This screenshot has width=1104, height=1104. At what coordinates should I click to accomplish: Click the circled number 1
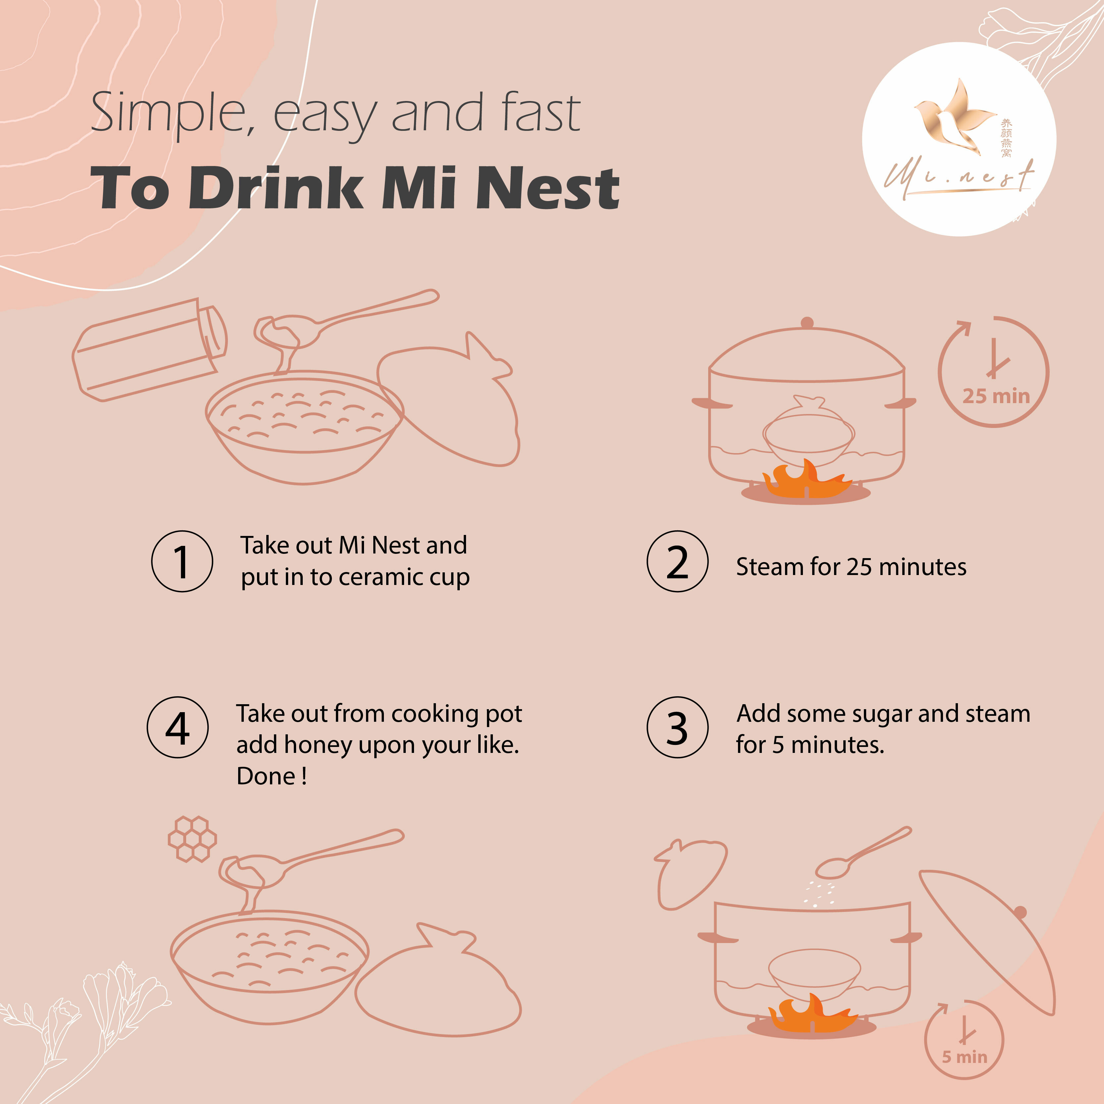tap(182, 561)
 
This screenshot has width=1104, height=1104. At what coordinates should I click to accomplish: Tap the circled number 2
tap(678, 561)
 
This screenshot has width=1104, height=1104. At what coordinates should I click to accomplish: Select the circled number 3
tap(678, 727)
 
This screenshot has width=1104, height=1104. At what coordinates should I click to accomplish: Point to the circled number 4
tap(178, 727)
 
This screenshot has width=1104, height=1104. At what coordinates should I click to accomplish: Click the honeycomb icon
tap(192, 838)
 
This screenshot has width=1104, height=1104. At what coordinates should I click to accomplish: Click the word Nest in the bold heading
tap(548, 187)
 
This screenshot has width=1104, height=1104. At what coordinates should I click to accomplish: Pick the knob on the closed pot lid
tap(807, 323)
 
